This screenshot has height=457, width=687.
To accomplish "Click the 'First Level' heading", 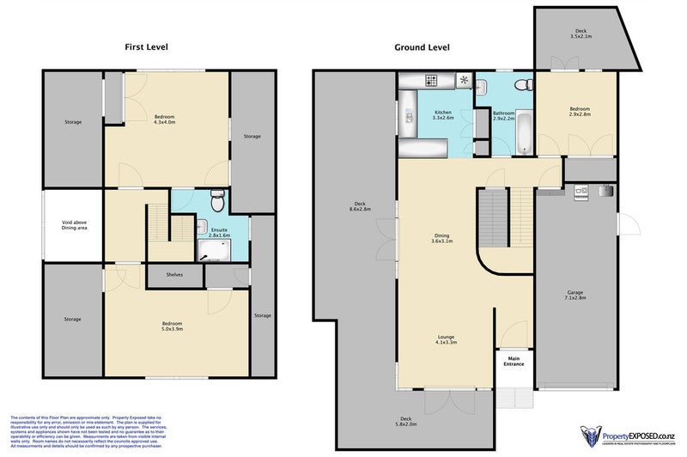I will coord(147,47).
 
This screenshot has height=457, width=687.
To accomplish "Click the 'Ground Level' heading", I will coord(422,47).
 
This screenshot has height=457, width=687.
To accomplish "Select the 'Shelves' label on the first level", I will coord(174,276).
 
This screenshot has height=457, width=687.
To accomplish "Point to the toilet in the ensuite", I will coord(217,201).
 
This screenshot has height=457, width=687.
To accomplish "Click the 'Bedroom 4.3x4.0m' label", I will coord(165,119).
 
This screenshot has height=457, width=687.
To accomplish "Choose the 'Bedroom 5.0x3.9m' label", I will coord(176,327).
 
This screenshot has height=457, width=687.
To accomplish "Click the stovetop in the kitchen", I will coord(431,82).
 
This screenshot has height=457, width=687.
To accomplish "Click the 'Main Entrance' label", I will coord(514,362).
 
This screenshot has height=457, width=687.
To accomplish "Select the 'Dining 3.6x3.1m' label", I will coord(441,239).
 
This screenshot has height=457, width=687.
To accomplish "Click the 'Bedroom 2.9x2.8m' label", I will coord(580,112).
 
